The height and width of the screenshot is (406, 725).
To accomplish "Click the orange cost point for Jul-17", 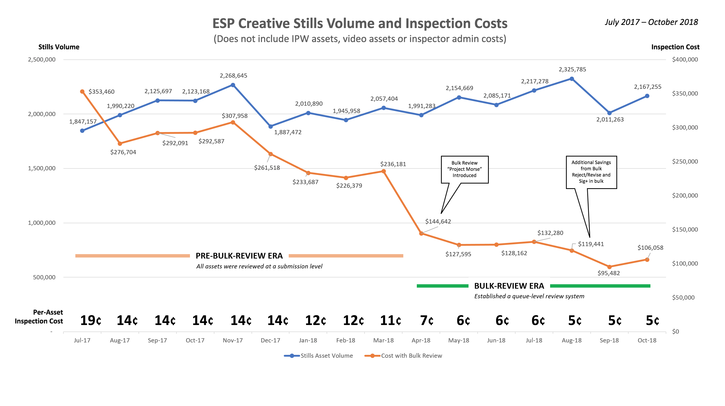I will [x=82, y=92].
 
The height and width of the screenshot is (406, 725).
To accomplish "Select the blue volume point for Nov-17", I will [x=233, y=85].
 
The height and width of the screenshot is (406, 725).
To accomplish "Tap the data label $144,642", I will [x=438, y=221].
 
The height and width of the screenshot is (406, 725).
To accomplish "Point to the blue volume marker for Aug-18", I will [x=572, y=79].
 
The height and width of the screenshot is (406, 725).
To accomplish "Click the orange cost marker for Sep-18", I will [x=609, y=267].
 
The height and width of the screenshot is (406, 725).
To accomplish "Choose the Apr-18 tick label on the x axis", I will [x=421, y=340].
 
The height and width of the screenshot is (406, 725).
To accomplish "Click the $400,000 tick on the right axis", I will [x=685, y=60].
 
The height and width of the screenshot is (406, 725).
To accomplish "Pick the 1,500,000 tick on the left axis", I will [x=42, y=168].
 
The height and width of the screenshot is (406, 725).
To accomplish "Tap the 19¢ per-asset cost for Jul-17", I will [x=91, y=321].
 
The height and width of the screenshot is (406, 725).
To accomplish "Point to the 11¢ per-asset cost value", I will [x=390, y=321].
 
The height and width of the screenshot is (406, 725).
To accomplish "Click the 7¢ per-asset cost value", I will [x=427, y=321].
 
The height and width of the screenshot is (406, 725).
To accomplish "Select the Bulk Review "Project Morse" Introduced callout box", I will [x=464, y=169].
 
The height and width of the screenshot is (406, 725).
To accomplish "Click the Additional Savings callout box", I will [x=591, y=172].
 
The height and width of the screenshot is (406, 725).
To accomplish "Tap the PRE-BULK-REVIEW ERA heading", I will [x=239, y=256].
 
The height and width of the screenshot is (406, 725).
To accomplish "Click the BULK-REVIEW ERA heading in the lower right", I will [x=509, y=286].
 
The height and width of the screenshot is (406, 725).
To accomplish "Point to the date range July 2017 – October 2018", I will [x=651, y=22].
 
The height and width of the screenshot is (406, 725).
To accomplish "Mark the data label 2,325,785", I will [x=572, y=70].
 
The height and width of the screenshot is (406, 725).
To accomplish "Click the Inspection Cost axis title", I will [x=675, y=47].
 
